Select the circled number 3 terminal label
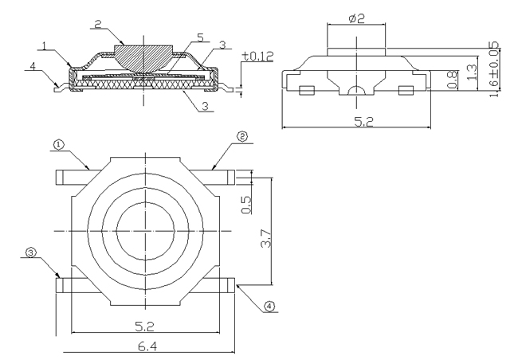pos(31,252)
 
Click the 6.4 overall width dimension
pos(144,343)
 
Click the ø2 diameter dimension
pos(356,17)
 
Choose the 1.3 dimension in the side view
pos(473,74)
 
